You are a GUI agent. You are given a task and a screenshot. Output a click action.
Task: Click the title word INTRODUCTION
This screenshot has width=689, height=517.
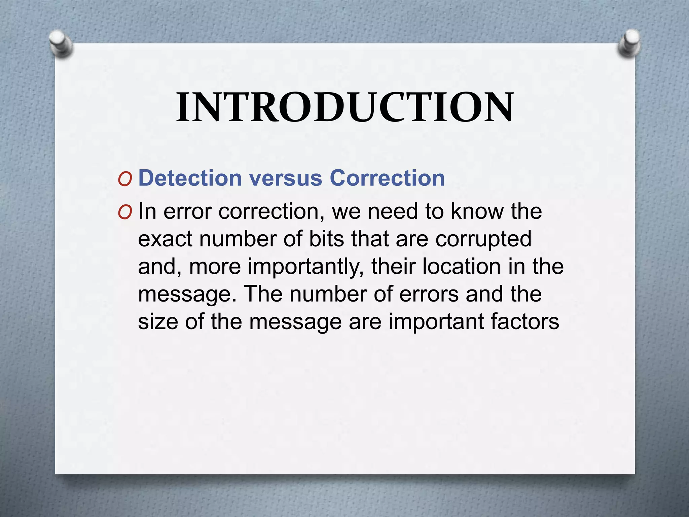click(344, 107)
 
